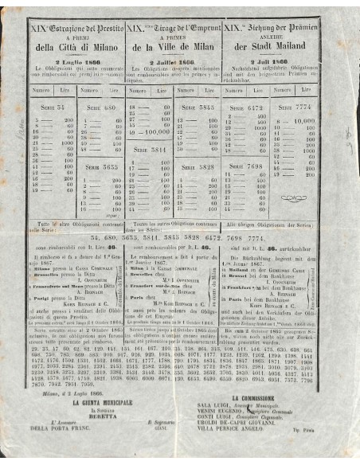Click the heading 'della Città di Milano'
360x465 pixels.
[x=76, y=47]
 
